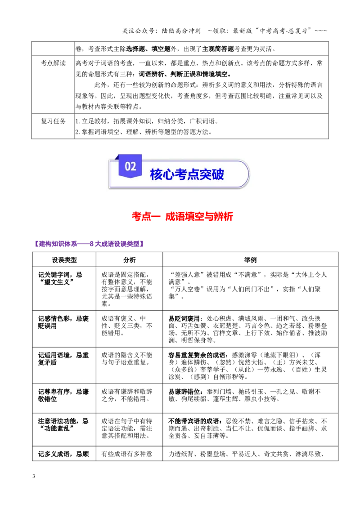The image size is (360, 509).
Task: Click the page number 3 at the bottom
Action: coord(34,476)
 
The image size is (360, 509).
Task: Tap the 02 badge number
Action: coord(130,166)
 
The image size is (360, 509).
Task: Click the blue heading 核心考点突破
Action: coord(187,174)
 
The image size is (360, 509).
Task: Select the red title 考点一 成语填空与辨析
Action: coord(182,216)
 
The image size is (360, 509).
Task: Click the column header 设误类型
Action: coord(64,260)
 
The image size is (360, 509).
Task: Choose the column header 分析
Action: coord(129,260)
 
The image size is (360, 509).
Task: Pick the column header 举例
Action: coord(250,260)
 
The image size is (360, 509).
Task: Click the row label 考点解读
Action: coord(53,63)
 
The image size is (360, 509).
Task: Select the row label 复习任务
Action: coord(53,121)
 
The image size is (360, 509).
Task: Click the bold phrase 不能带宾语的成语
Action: coord(195,421)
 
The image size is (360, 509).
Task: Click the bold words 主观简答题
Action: coord(218,49)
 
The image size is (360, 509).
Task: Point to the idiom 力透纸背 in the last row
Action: coord(181,454)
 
